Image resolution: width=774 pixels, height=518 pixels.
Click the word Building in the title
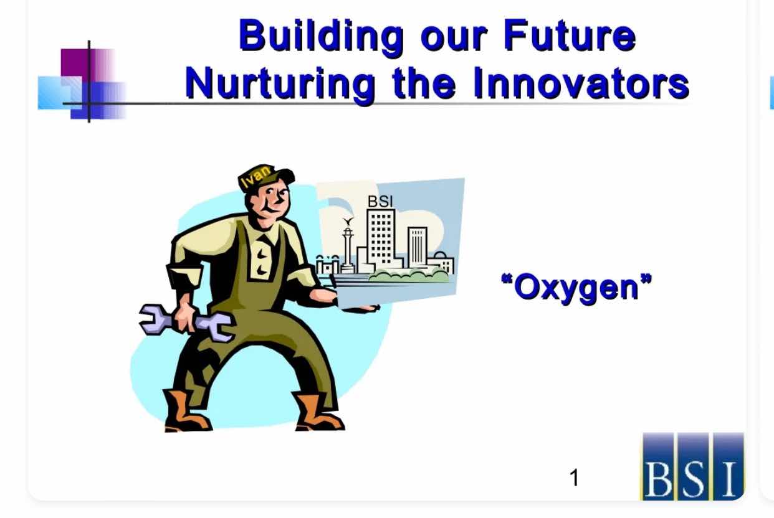pos(322,37)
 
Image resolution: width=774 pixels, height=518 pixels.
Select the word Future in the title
pos(570,35)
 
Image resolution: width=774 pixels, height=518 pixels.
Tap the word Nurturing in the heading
pos(280,85)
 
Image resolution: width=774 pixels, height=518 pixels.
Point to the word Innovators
pos(581,83)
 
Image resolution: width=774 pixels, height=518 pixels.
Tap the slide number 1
pos(574,478)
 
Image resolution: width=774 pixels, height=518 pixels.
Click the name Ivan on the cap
pos(256,176)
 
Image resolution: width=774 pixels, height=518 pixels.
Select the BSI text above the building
pos(380,202)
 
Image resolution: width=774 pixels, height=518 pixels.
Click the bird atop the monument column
pos(348,221)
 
